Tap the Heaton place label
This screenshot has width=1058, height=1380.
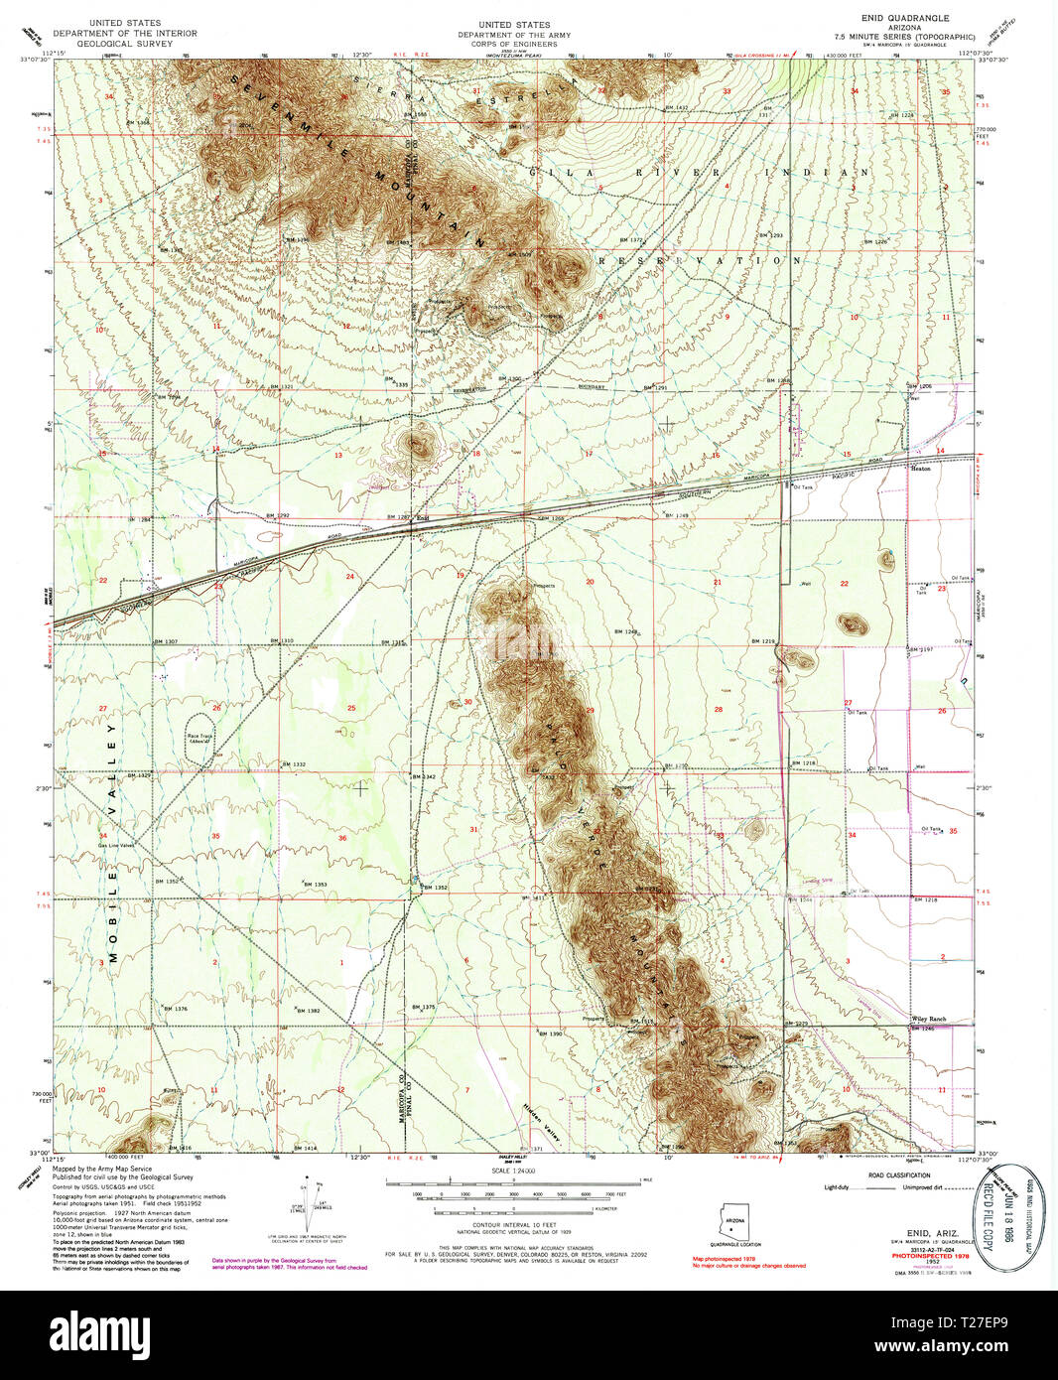(x=920, y=469)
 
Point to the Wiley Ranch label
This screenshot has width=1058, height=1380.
(x=928, y=1019)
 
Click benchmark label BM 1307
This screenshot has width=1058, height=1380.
(x=165, y=641)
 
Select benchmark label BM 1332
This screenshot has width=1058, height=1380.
(x=292, y=764)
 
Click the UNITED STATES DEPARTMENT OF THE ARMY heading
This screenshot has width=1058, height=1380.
(x=513, y=30)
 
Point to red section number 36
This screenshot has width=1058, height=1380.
(x=342, y=838)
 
